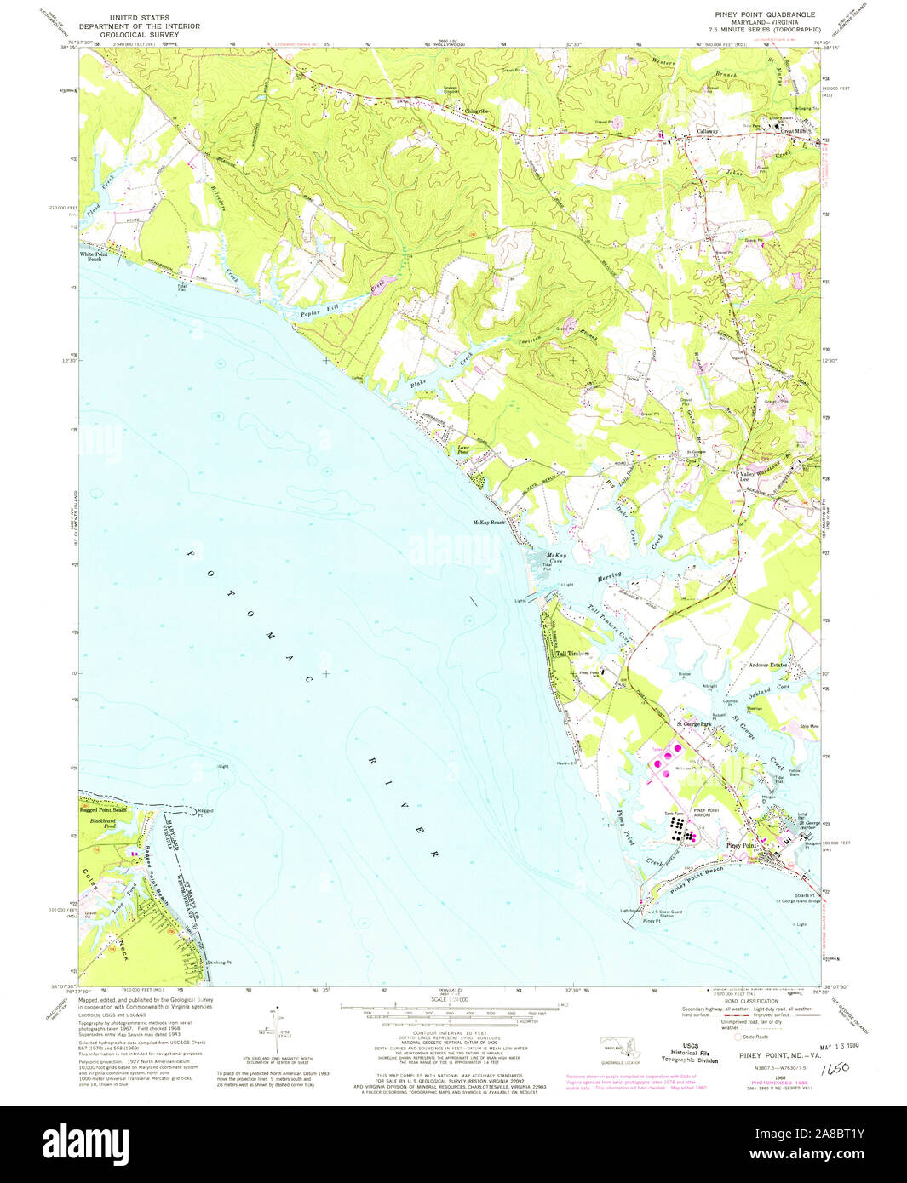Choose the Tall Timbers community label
(x=572, y=654)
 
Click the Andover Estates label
(x=767, y=665)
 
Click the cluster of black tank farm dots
(x=679, y=826)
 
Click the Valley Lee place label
(x=743, y=477)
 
